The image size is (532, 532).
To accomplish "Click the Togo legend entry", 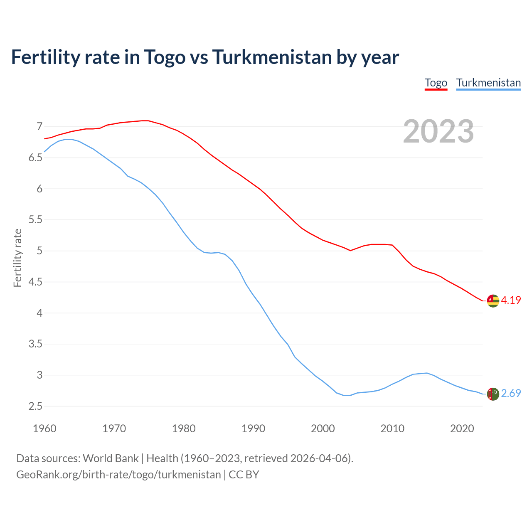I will (436, 83).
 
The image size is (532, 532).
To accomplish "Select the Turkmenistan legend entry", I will (488, 83).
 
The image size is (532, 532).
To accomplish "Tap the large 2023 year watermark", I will (438, 131).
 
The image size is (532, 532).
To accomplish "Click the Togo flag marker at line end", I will (493, 300).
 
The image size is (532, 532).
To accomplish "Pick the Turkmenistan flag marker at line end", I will (493, 394).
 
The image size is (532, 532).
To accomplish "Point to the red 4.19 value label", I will (511, 300).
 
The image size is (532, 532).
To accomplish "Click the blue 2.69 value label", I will (511, 393).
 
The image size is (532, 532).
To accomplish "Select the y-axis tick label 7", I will (39, 126).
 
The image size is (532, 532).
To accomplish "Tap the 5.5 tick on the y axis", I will (36, 219).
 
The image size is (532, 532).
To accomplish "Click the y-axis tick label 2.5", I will (36, 406).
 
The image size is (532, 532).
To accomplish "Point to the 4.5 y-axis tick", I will (36, 282).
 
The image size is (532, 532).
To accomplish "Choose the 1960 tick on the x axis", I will (44, 429).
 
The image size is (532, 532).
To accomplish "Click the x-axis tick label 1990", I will (253, 429).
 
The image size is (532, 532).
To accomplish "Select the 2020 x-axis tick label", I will (462, 429).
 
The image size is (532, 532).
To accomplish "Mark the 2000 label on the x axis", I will (323, 429).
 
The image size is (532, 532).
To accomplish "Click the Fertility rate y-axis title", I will (17, 258).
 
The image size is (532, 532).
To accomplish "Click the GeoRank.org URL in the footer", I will (118, 475).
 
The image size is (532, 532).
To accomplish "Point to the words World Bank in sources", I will (111, 458).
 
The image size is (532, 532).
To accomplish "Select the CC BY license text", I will (244, 475).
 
